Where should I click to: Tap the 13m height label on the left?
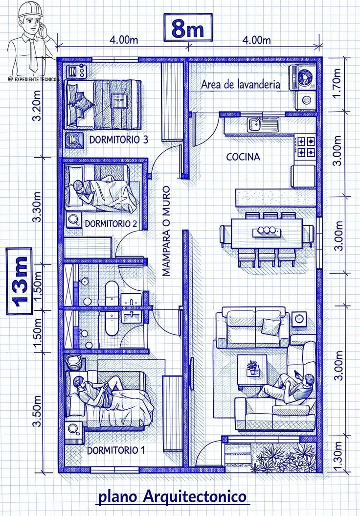[x=20, y=281]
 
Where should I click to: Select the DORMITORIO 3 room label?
[x=118, y=140]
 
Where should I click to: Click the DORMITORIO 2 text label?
[x=111, y=224]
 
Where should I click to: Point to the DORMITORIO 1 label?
[x=116, y=450]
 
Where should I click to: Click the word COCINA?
[x=243, y=157]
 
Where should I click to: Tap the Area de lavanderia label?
[x=241, y=84]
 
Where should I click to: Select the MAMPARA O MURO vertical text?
[x=166, y=230]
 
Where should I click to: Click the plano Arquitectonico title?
[x=172, y=497]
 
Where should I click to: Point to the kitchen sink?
[x=256, y=124]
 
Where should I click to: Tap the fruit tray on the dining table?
[x=267, y=231]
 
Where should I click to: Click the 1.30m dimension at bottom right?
[x=337, y=456]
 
